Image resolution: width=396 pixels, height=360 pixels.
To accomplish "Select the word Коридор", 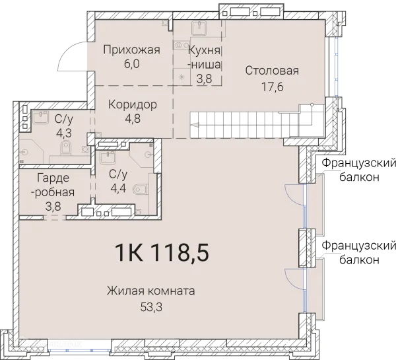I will (133, 105).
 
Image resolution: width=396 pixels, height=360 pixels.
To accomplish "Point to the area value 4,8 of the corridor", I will (133, 119).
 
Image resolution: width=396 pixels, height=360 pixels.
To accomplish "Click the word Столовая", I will (272, 71).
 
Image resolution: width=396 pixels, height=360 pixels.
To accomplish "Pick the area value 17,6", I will (272, 85).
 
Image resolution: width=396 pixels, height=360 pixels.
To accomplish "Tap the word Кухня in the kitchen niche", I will (204, 50).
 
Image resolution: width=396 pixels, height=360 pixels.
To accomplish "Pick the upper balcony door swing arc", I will (292, 194).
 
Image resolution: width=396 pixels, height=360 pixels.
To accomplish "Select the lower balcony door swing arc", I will (292, 278).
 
